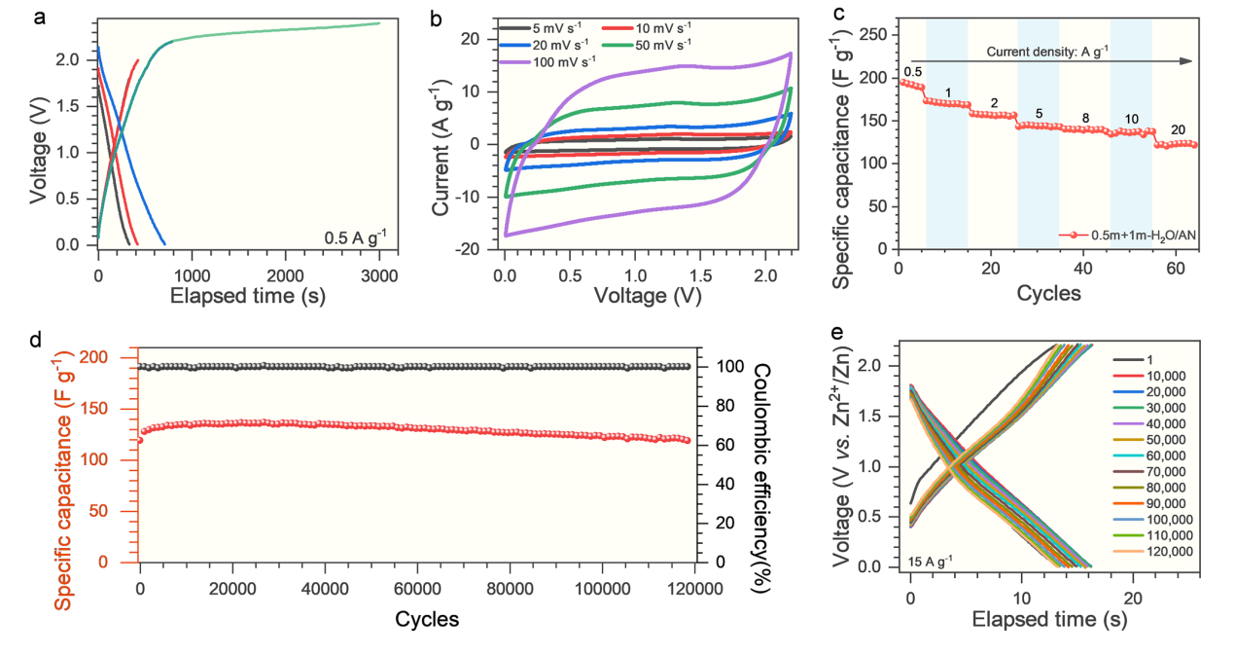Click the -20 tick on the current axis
coord(475,249)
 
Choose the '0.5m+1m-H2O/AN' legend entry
coord(1131,235)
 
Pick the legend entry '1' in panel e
coord(1150,358)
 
